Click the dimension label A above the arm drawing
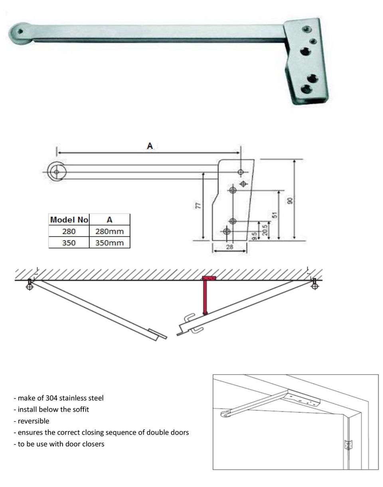[150, 146]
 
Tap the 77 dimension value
[198, 206]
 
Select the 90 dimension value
[290, 200]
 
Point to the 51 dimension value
[274, 215]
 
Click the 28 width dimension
[229, 247]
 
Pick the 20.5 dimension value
[265, 230]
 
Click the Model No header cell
[69, 220]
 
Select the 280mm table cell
[109, 231]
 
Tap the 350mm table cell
[109, 243]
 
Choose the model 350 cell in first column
[69, 243]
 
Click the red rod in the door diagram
[205, 297]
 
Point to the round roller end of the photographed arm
[20, 31]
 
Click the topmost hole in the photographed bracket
[306, 29]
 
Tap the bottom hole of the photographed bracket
[306, 89]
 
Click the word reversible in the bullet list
[34, 421]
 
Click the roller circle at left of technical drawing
[56, 172]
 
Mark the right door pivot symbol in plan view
[314, 286]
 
